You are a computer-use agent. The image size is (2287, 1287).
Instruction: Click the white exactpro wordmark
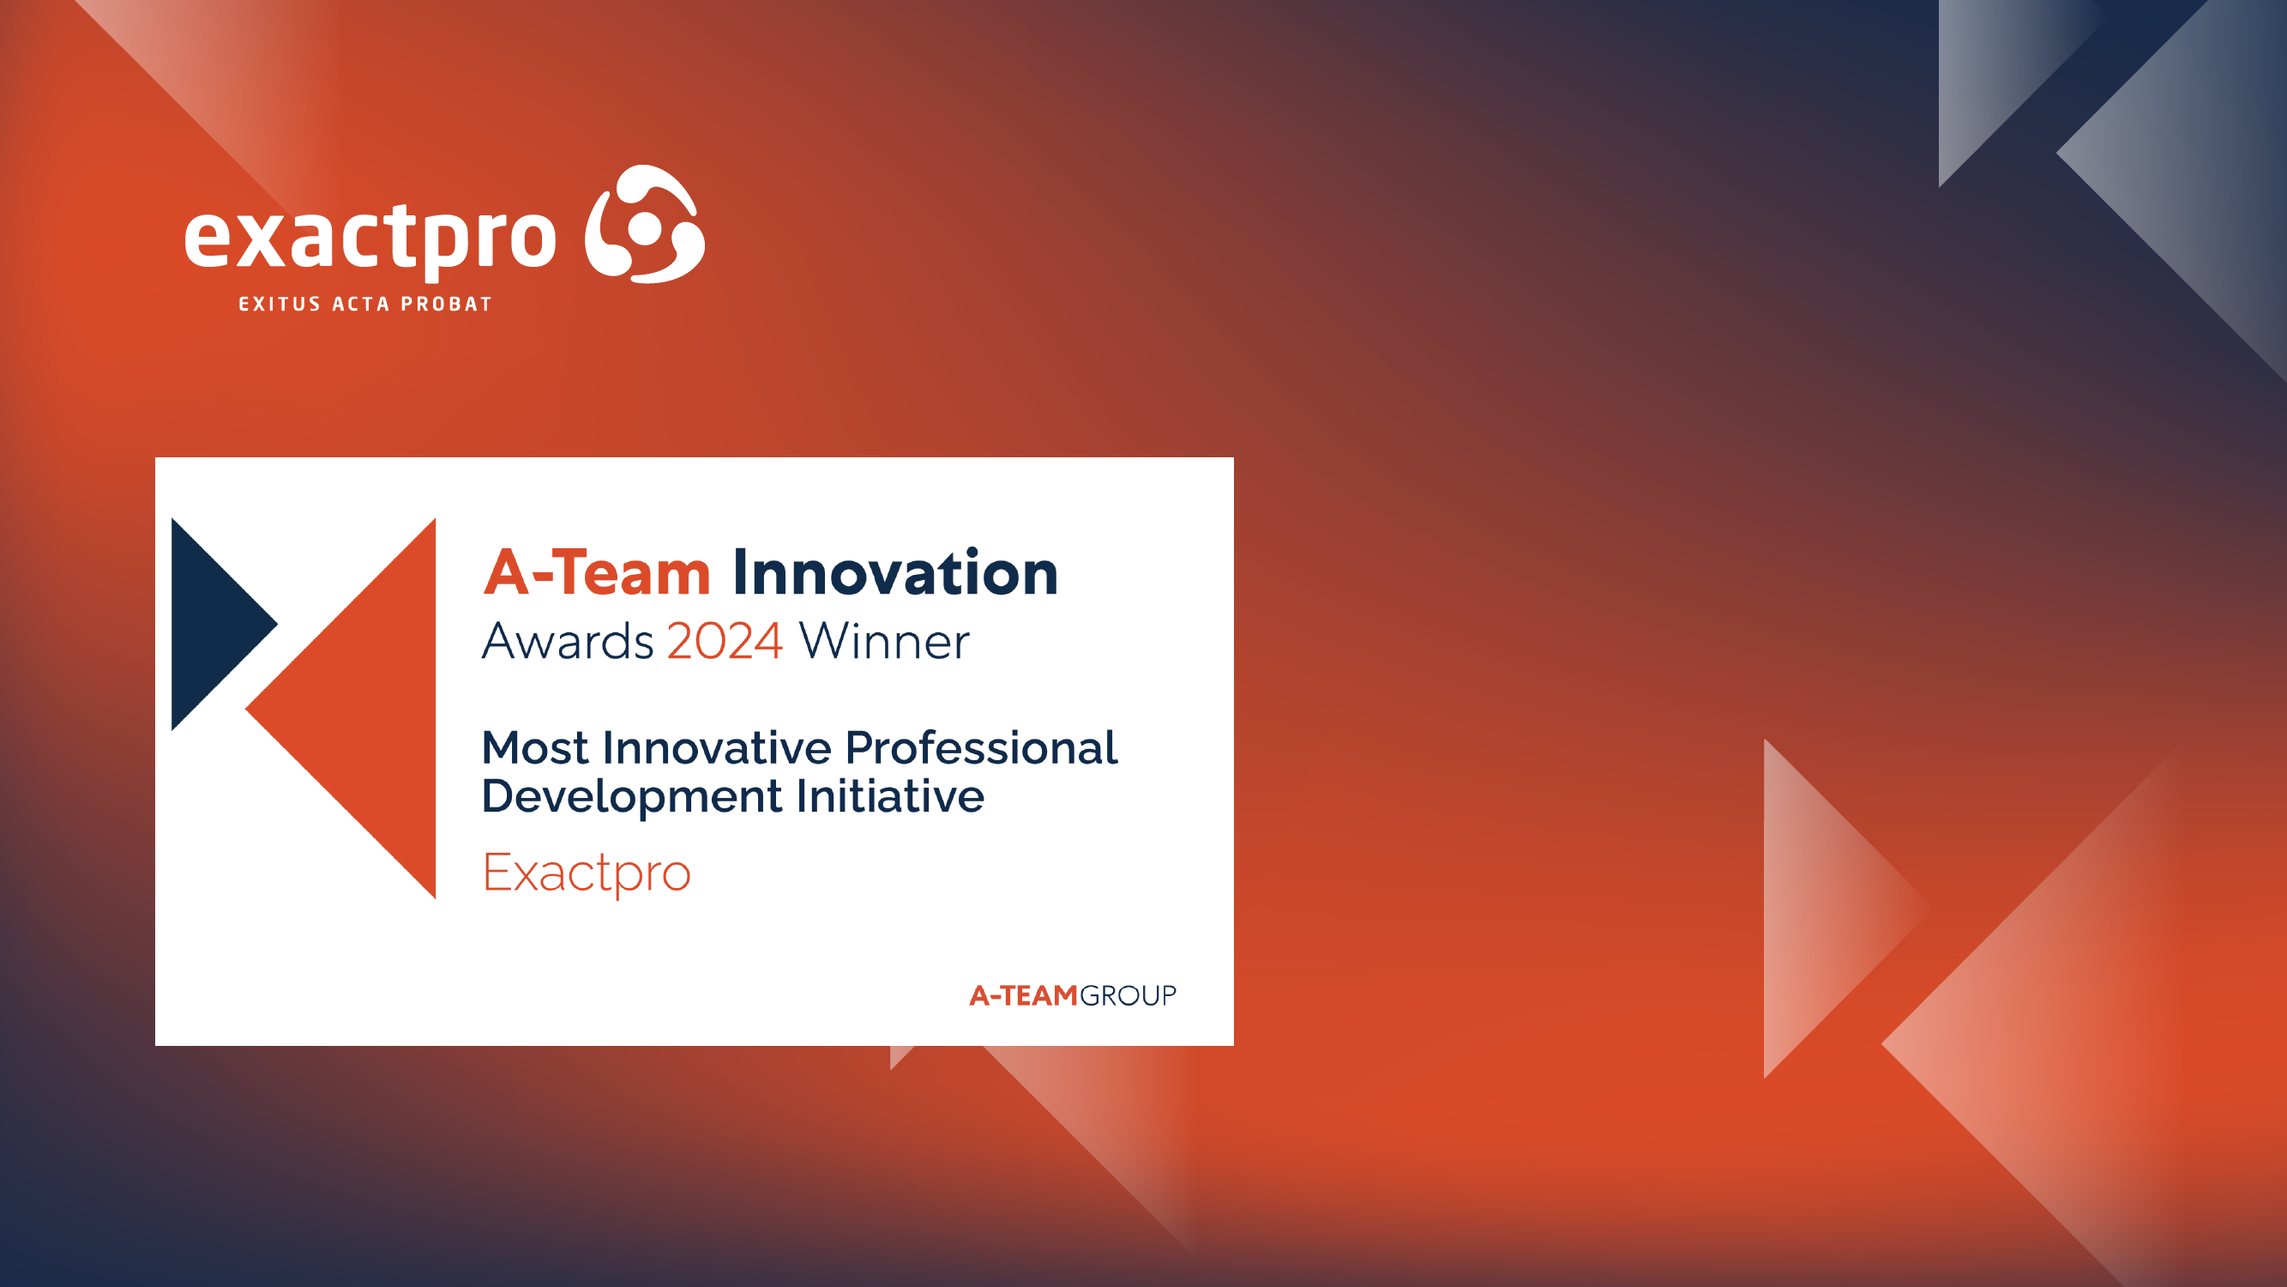click(x=370, y=238)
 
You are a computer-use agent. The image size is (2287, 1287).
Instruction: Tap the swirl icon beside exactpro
click(x=646, y=224)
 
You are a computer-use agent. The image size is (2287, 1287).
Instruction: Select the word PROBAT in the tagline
click(x=447, y=304)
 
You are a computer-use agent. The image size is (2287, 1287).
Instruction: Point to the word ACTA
click(x=360, y=304)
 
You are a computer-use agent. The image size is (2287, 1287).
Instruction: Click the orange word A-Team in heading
click(x=597, y=573)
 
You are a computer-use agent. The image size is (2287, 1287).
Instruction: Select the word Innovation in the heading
click(x=895, y=573)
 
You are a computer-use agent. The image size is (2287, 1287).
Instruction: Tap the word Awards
click(x=568, y=641)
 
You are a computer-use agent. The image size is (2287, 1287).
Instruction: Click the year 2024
click(x=725, y=641)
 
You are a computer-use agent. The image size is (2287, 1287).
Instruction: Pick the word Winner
click(x=883, y=641)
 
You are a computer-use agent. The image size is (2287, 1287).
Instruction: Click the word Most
click(x=534, y=748)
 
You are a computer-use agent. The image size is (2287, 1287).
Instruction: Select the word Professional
click(x=981, y=748)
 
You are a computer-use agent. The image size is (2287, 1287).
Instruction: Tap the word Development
click(x=631, y=796)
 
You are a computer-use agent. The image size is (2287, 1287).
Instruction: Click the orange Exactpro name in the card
click(x=586, y=873)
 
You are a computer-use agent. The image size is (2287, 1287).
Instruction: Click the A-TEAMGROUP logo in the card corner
click(x=1072, y=995)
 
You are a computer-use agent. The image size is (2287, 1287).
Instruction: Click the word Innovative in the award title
click(x=715, y=748)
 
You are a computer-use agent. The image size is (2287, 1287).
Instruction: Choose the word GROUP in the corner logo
click(x=1128, y=995)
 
